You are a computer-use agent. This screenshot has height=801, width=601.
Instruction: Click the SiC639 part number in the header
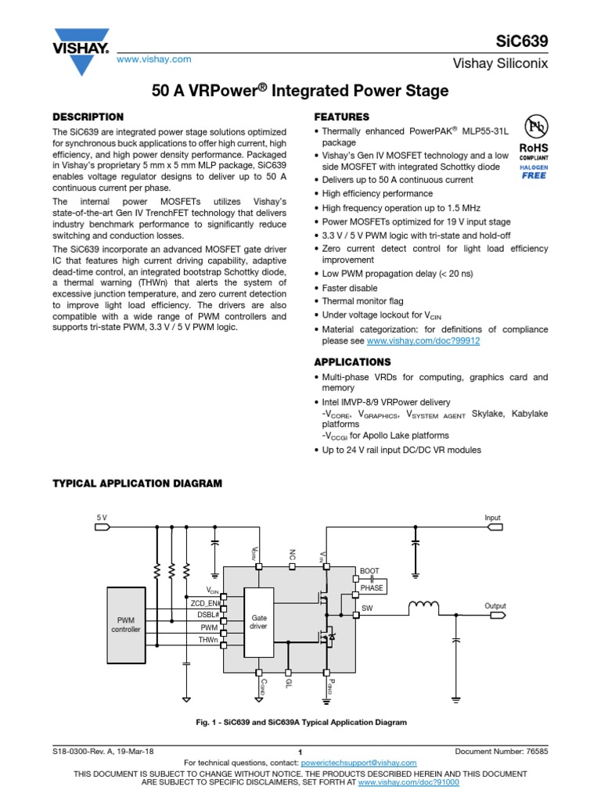pyautogui.click(x=527, y=41)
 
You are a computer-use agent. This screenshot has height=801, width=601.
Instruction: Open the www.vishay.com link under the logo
pyautogui.click(x=154, y=59)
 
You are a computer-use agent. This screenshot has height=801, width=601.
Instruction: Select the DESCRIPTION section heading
pyautogui.click(x=88, y=117)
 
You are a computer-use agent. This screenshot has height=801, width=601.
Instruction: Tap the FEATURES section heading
pyautogui.click(x=341, y=117)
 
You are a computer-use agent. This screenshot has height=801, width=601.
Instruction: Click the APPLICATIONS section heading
pyautogui.click(x=352, y=362)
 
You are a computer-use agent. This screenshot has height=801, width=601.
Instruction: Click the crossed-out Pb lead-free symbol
pyautogui.click(x=535, y=126)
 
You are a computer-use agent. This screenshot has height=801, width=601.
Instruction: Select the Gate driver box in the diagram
pyautogui.click(x=258, y=622)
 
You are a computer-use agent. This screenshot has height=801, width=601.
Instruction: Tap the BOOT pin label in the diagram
pyautogui.click(x=369, y=572)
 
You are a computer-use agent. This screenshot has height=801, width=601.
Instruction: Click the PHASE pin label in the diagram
pyautogui.click(x=372, y=587)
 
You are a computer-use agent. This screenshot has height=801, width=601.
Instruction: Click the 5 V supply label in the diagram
pyautogui.click(x=102, y=518)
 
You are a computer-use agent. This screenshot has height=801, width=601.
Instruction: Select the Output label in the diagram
pyautogui.click(x=495, y=606)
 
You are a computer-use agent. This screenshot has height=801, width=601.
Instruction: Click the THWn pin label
pyautogui.click(x=207, y=640)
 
